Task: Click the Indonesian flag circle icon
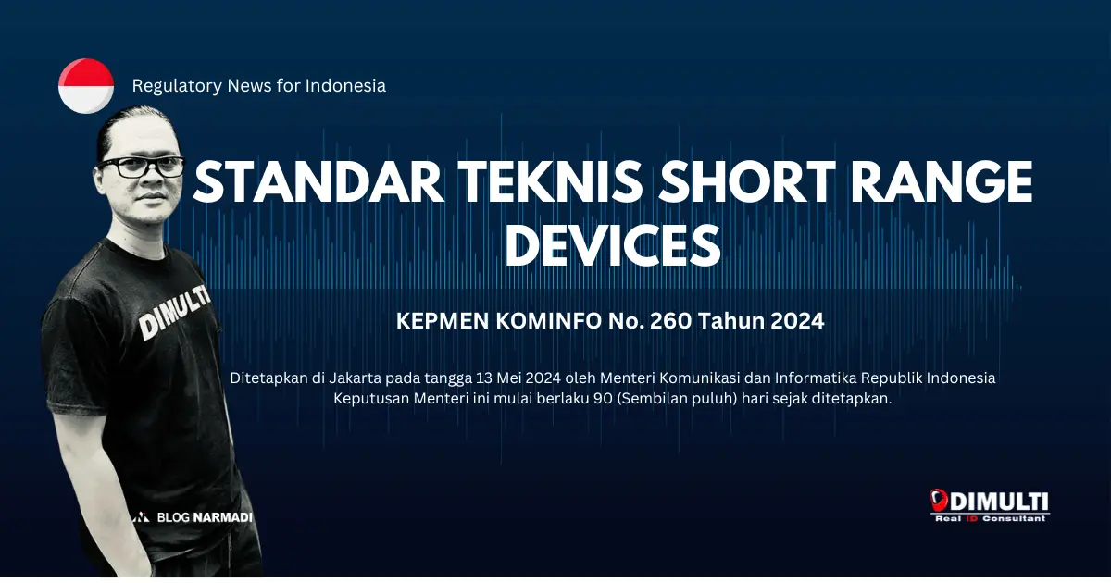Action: tap(86, 85)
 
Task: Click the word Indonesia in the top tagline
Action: tap(344, 86)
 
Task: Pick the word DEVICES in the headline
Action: tap(613, 243)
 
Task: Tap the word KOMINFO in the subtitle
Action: tap(549, 321)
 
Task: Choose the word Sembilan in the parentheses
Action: tap(654, 399)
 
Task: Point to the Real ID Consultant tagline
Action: tap(991, 519)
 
